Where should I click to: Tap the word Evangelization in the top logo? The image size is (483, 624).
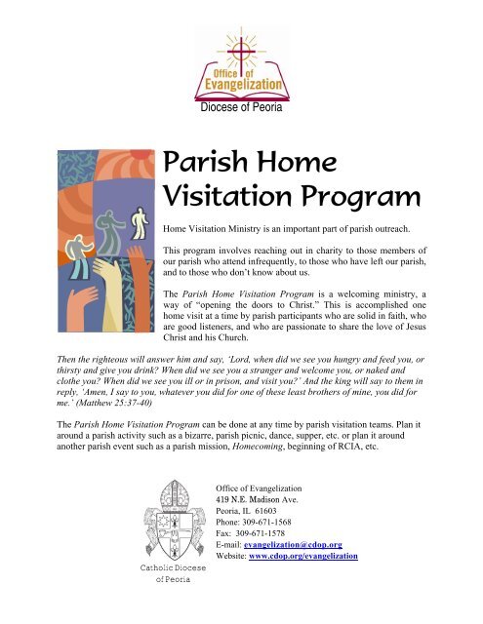(x=243, y=93)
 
